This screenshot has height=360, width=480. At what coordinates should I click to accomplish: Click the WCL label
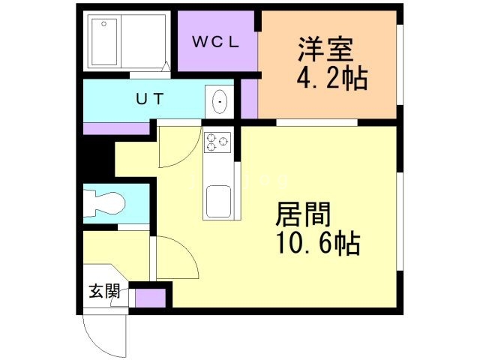(x=216, y=42)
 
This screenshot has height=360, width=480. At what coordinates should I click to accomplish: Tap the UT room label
(x=150, y=98)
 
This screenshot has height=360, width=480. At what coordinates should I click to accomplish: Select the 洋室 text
(x=326, y=50)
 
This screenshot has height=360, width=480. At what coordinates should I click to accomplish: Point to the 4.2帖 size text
(x=332, y=78)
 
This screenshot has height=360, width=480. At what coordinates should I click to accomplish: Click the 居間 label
(x=303, y=214)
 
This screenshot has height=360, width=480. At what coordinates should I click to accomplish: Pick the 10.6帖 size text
(x=318, y=243)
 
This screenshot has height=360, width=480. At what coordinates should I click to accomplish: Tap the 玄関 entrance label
(x=104, y=291)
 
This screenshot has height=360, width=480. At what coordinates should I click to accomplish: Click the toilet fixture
(x=104, y=203)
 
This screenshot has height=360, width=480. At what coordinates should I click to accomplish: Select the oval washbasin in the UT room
(x=220, y=102)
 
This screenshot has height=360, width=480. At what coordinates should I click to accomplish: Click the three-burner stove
(x=217, y=142)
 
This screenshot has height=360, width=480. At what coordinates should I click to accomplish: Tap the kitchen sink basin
(x=218, y=201)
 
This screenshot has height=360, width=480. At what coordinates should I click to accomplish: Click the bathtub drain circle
(x=104, y=23)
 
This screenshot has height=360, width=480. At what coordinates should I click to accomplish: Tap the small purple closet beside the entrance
(x=150, y=298)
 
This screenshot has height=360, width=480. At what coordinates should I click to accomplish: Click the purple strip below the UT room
(x=116, y=128)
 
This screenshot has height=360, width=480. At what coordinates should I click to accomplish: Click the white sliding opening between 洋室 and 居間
(x=316, y=122)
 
